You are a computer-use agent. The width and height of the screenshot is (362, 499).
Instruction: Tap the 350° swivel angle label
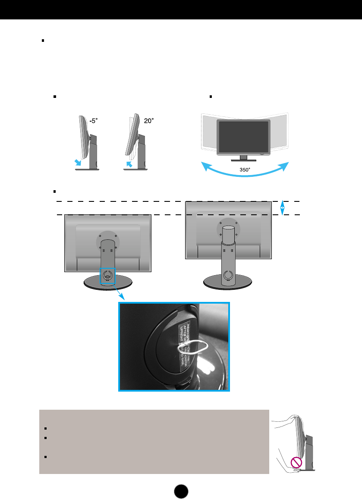(245, 170)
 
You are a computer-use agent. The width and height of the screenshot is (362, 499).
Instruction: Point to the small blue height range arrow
(282, 207)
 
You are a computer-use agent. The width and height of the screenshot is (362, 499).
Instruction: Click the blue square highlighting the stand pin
(108, 275)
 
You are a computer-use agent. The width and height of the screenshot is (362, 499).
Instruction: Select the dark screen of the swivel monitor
(243, 136)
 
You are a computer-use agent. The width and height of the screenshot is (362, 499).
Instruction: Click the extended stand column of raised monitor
(229, 259)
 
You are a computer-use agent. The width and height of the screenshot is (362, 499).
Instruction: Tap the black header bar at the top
(181, 9)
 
